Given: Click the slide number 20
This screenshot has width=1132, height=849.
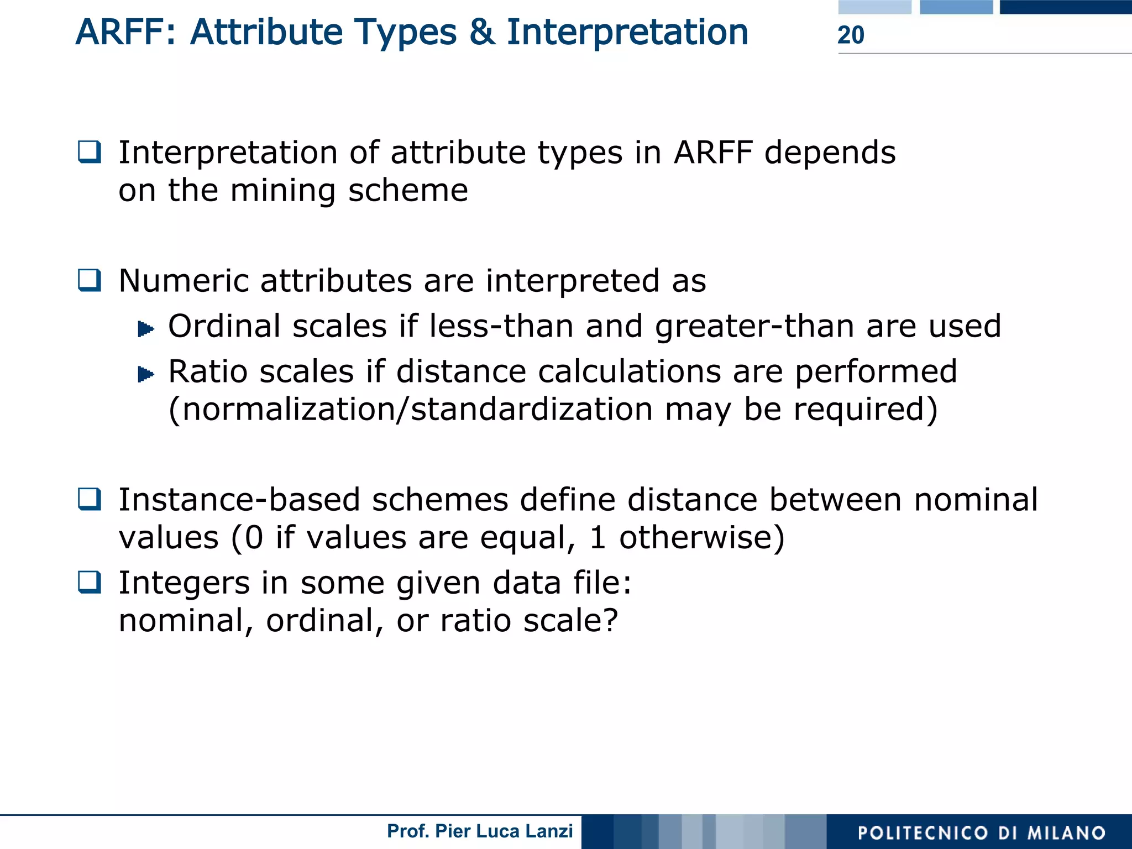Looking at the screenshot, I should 850,35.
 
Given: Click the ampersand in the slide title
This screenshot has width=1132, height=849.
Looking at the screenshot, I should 482,32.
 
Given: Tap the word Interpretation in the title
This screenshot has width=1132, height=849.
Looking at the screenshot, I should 627,32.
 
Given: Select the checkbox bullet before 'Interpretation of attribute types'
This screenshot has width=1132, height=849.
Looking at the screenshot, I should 90,152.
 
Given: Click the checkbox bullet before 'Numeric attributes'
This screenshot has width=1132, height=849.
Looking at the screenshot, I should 90,280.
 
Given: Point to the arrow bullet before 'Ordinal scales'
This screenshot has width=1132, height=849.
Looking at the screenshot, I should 145,329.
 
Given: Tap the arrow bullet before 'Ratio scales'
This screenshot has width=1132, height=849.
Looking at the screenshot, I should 145,374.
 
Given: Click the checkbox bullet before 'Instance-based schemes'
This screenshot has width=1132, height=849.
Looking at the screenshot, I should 90,499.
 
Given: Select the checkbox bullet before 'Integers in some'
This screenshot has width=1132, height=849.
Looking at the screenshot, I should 90,582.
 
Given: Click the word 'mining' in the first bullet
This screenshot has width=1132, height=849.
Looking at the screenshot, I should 282,191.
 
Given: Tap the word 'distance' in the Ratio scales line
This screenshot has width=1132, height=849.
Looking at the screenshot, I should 461,371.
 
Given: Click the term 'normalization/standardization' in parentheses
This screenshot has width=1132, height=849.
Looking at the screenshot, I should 417,410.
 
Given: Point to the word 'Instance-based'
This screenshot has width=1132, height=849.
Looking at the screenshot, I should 239,499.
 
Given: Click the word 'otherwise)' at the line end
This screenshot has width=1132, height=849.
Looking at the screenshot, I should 701,537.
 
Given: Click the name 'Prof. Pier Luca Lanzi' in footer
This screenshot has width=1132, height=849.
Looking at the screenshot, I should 479,831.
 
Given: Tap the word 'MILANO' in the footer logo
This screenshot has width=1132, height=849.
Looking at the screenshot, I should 1066,833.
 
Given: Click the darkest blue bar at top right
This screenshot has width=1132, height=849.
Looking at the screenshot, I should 1065,7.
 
